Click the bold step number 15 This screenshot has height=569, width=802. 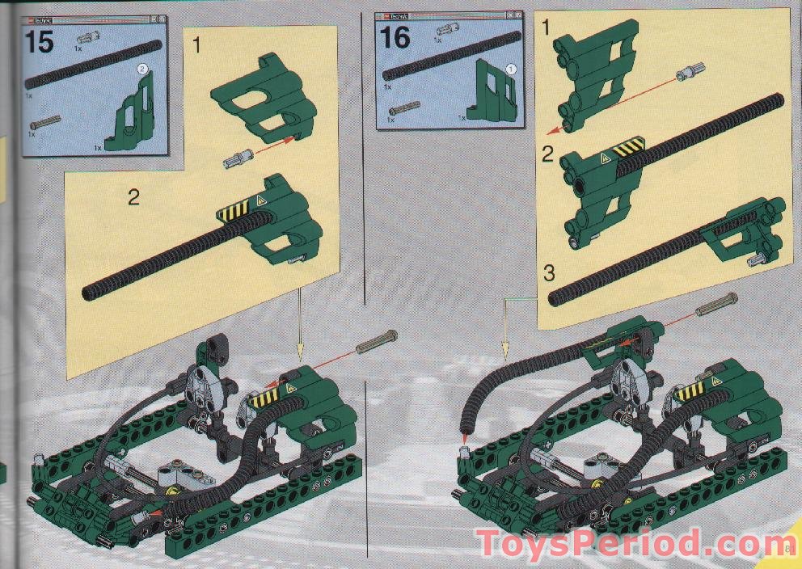[39, 40]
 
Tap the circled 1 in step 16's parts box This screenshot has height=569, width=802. [510, 69]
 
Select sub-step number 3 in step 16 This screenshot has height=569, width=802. [549, 273]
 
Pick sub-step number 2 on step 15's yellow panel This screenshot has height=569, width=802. [133, 196]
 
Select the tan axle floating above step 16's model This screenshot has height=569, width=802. [715, 306]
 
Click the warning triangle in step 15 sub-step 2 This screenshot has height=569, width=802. [261, 199]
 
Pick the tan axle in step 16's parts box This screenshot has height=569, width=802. [401, 109]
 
